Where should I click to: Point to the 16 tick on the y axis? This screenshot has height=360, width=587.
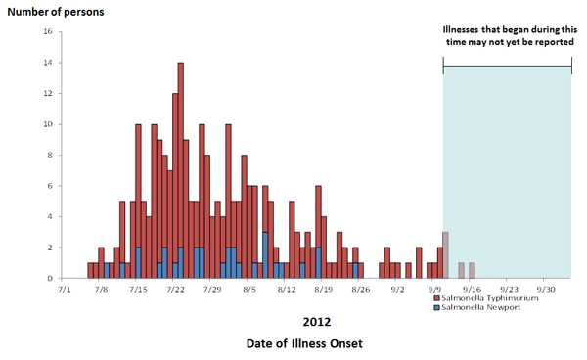(49, 32)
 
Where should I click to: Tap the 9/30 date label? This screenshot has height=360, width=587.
(545, 290)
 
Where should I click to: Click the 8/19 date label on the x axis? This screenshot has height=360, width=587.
(324, 290)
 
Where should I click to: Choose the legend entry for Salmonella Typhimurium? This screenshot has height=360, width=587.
(484, 298)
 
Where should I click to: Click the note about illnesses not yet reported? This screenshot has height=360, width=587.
(507, 35)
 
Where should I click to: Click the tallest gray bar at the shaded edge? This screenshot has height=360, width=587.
(445, 256)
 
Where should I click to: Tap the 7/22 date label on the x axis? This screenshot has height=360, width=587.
(176, 290)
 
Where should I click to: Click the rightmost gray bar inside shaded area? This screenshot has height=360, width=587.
(472, 271)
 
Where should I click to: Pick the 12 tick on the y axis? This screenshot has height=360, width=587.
(49, 94)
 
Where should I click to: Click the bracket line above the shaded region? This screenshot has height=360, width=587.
(507, 67)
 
